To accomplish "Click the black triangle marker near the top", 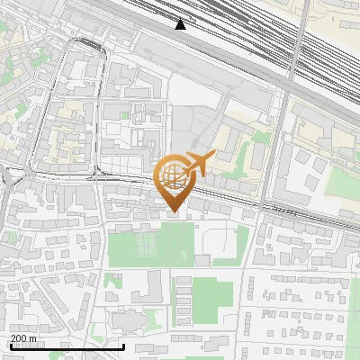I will pyautogui.click(x=180, y=24).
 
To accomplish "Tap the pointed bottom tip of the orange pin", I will pyautogui.click(x=174, y=212).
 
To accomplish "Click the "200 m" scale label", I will pyautogui.click(x=23, y=338).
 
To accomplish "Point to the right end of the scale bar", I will pyautogui.click(x=123, y=346).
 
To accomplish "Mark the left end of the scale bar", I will pyautogui.click(x=11, y=346).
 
